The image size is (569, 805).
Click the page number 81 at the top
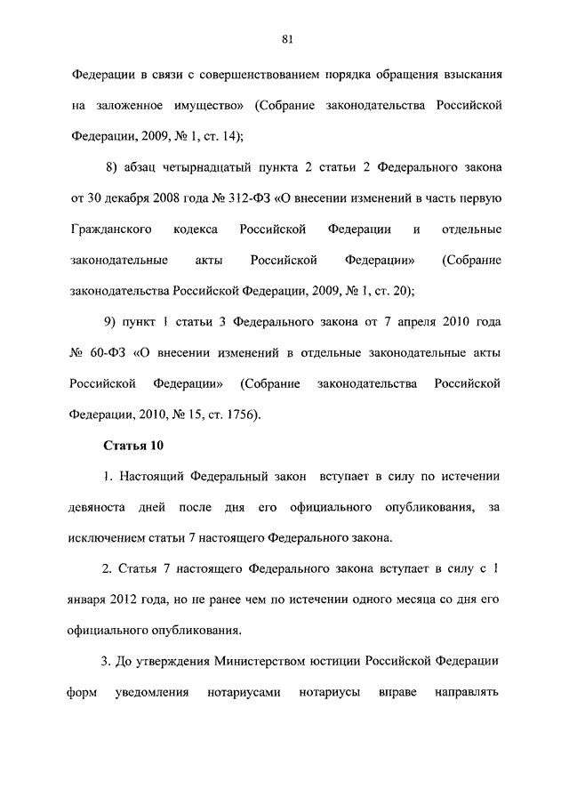(x=287, y=38)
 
